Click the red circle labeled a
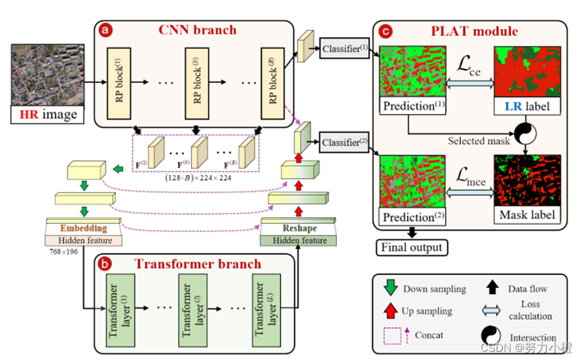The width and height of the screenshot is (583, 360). [105, 30]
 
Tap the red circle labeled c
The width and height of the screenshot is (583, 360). [386, 30]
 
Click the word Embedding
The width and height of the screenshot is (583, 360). [83, 229]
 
